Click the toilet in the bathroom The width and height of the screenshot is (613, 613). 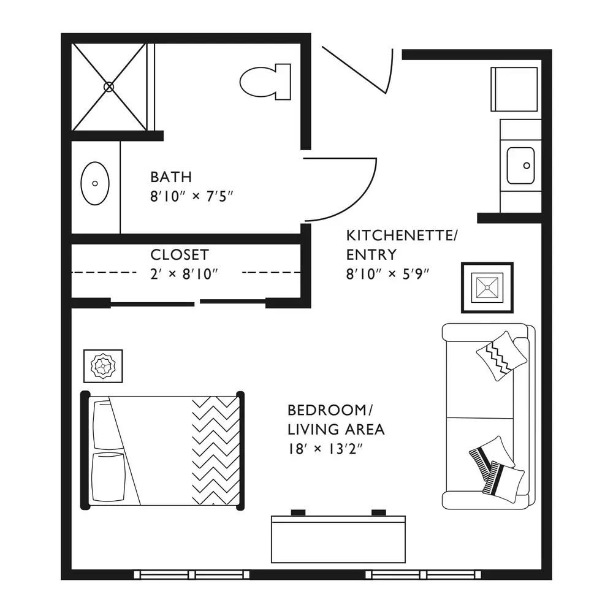click(265, 82)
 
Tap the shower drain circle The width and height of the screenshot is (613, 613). click(109, 87)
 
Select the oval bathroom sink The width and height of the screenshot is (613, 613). click(95, 183)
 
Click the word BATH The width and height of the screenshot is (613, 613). click(171, 177)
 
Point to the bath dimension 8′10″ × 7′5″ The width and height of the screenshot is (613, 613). click(191, 196)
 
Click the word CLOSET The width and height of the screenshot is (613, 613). click(180, 255)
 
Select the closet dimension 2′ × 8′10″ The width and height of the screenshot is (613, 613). click(184, 274)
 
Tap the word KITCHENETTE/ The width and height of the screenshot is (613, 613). click(402, 236)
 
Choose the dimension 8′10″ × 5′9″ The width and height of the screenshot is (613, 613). click(387, 274)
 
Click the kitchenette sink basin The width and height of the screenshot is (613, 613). click(520, 166)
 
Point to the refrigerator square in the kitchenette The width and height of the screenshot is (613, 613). click(514, 89)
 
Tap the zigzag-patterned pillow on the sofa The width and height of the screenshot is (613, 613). click(501, 356)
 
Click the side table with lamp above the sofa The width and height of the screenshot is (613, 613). click(487, 287)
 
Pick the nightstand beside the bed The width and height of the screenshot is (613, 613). click(103, 366)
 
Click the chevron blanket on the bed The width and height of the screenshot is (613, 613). click(216, 451)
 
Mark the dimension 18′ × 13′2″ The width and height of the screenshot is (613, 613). click(326, 449)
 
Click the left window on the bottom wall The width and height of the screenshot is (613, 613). click(191, 575)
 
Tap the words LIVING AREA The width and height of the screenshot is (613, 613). click(336, 430)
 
